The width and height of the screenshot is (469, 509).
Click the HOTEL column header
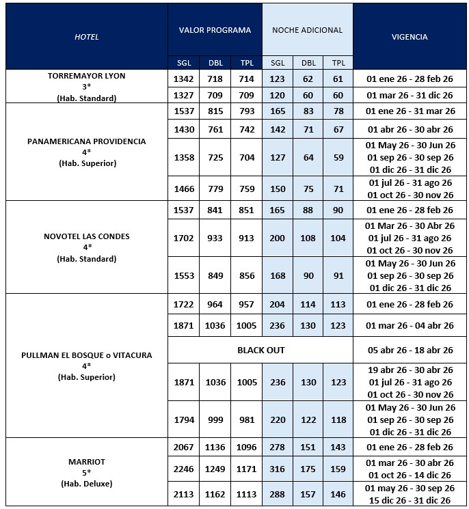tap(86, 37)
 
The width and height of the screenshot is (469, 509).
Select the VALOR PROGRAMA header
tap(215, 30)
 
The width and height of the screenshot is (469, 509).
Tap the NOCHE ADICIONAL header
tap(307, 30)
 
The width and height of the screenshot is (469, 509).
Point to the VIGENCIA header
tap(410, 37)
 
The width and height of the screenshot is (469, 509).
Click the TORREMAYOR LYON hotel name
tap(86, 76)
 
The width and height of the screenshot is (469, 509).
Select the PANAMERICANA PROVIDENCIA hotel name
tap(86, 141)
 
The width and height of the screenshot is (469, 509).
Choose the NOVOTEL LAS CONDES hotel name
tap(86, 236)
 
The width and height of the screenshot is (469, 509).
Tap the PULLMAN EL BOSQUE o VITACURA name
tap(86, 355)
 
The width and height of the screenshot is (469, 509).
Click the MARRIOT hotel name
tap(86, 462)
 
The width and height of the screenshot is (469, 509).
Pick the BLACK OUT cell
tap(260, 350)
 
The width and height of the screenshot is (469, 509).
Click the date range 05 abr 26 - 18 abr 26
tap(410, 350)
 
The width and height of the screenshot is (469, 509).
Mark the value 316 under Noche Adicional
tap(278, 470)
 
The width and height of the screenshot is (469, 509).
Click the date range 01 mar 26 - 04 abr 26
tap(410, 325)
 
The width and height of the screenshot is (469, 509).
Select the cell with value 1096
tap(246, 448)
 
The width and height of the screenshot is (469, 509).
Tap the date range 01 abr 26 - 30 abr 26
tap(410, 129)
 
